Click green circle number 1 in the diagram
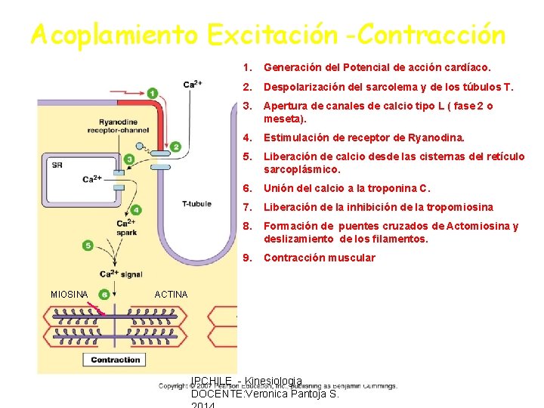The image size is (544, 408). coord(153,93)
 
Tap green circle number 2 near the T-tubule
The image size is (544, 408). coord(176,147)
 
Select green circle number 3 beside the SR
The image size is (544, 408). coord(129,159)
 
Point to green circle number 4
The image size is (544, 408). coord(136,210)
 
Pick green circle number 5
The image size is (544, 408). coord(88,246)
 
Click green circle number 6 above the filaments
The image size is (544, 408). coord(104,294)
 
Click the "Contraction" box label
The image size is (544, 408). coord(116,360)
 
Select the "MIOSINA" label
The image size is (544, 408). coord(69,294)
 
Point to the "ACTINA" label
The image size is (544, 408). coord(171,294)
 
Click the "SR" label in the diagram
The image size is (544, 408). coord(57,164)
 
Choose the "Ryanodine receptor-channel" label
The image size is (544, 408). coord(118,125)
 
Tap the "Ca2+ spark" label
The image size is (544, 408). coord(125,227)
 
